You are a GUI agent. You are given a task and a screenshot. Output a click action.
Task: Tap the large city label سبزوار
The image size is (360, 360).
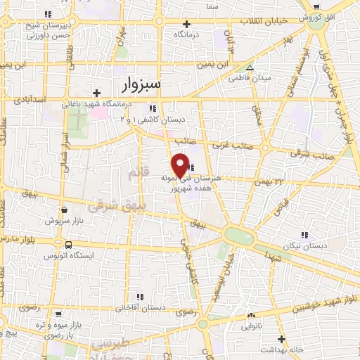pos(140,84)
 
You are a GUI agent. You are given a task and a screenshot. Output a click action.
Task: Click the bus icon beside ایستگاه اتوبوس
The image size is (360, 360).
pos(68,245)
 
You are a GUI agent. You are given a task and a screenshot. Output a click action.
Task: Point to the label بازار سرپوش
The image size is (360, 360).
pos(64,220)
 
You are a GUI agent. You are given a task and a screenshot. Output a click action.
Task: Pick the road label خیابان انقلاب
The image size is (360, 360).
pos(263,22)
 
